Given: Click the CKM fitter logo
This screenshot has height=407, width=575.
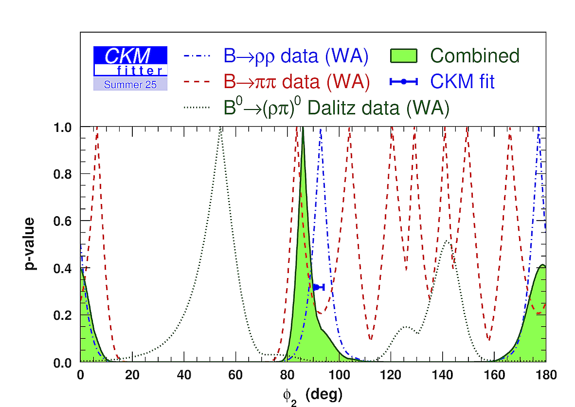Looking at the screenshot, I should pos(130,61).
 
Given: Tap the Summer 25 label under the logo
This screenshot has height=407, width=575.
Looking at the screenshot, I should pos(130,85).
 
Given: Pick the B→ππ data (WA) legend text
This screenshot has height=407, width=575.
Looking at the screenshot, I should pos(297,82).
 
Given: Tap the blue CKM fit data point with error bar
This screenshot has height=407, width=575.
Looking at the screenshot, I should pos(317,287).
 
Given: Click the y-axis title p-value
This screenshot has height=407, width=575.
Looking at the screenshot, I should pos(29,244).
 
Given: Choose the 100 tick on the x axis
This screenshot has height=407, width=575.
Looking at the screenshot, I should pos(339,375).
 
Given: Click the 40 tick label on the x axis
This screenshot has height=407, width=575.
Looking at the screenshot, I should pos(184,375).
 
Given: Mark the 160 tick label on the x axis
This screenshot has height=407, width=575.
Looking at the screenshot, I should pos(494,375).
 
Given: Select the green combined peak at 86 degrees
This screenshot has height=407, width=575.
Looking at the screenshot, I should pos(303,129).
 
